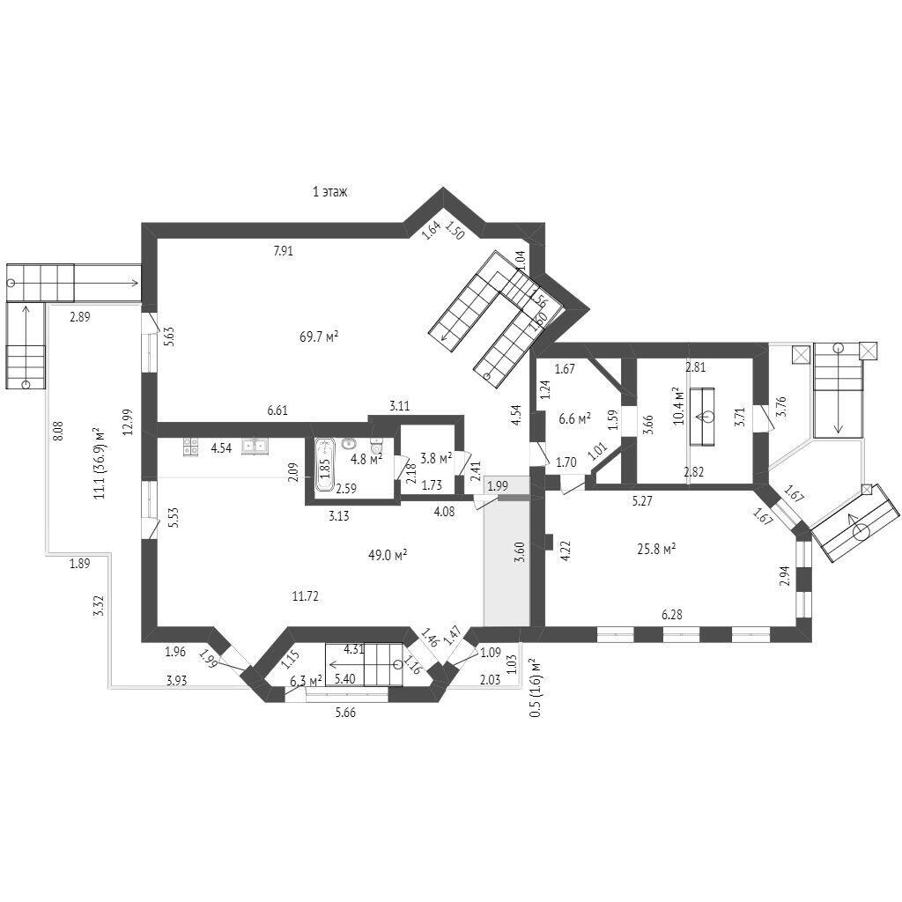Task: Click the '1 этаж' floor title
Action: (x=330, y=191)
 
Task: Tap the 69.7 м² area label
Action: (x=319, y=336)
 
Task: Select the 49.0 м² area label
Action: (x=388, y=555)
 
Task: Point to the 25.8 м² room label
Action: (x=656, y=548)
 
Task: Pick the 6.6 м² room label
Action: (x=574, y=418)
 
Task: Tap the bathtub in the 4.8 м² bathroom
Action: (x=324, y=465)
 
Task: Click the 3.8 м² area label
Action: (x=435, y=458)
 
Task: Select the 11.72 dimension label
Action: (x=305, y=596)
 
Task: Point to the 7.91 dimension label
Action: (x=283, y=251)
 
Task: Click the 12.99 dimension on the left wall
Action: (x=129, y=421)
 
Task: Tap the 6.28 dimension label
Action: (x=673, y=613)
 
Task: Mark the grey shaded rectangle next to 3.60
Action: (x=506, y=564)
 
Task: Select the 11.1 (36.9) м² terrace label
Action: (x=99, y=462)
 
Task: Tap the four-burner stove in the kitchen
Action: (x=191, y=447)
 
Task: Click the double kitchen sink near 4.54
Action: (x=255, y=446)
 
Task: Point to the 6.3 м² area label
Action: (x=305, y=679)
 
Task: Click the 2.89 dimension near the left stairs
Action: (x=80, y=316)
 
